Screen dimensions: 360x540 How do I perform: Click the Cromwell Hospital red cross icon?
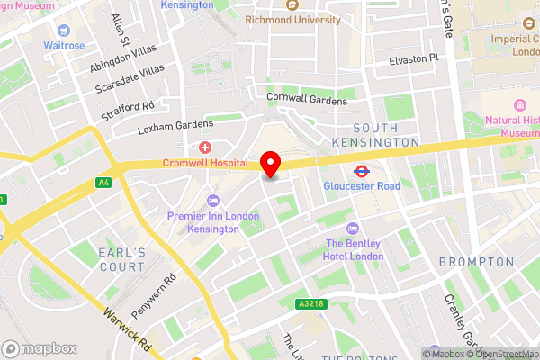(205, 147)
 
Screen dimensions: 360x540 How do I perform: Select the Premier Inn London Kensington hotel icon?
(212, 200)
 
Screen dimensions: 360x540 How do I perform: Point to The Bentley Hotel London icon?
(353, 228)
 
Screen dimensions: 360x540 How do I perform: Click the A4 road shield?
(103, 182)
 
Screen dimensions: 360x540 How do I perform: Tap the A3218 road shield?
(309, 305)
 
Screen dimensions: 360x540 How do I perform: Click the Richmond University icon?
(290, 4)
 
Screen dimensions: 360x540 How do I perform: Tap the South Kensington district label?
(386, 135)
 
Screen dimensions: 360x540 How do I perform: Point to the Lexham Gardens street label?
(175, 128)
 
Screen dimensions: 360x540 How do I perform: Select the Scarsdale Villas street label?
(130, 80)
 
